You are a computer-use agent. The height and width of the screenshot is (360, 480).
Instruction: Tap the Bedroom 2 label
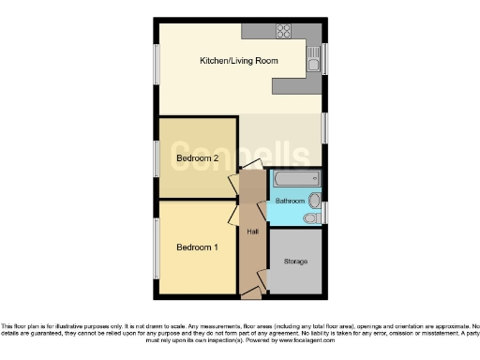[x=197, y=158]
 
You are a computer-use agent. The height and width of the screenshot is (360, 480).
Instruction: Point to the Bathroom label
[x=290, y=202]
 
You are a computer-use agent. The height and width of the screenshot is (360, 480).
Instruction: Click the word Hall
[x=252, y=232]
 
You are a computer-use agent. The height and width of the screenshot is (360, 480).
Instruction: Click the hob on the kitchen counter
[x=282, y=31]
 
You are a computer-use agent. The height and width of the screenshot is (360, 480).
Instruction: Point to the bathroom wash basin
[x=317, y=200]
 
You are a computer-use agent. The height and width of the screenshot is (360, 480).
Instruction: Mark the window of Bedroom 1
[x=156, y=247]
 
